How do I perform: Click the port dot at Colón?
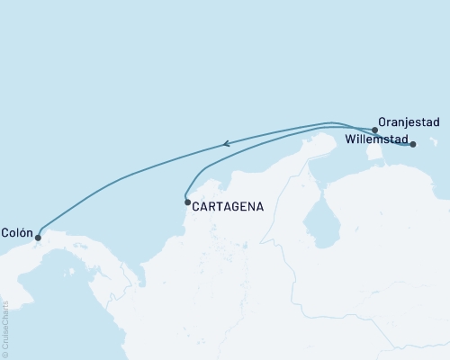[38, 238]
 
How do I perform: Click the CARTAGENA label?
[228, 206]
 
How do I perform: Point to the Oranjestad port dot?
[374, 130]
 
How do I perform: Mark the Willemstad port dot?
[413, 144]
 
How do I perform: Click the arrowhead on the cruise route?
[227, 142]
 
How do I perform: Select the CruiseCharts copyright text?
[5, 329]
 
